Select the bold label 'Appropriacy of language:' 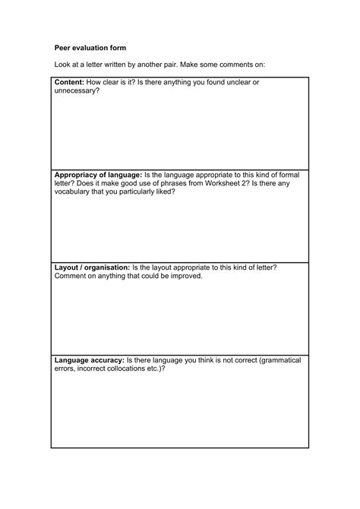click(99, 175)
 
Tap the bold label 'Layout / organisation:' click(92, 267)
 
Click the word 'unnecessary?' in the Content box click(77, 90)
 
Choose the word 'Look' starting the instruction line click(63, 65)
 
